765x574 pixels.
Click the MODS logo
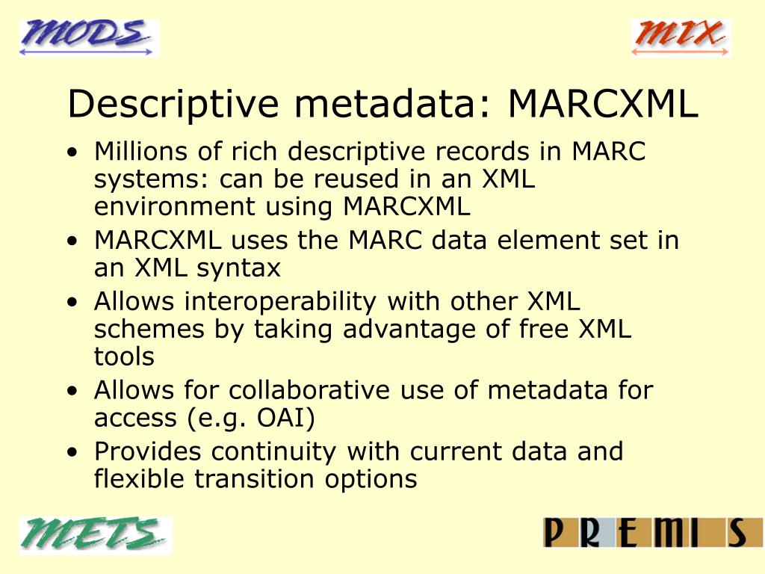[x=89, y=37]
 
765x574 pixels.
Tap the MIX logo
[x=680, y=37]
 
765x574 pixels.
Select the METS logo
[x=96, y=534]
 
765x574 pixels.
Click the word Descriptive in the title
[x=171, y=105]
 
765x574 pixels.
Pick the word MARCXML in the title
[x=603, y=105]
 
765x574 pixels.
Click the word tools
[x=124, y=357]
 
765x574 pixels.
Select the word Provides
[x=148, y=452]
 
